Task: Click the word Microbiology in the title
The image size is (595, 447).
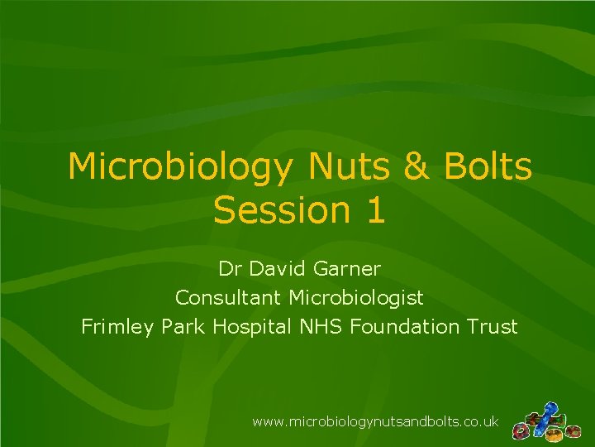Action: click(180, 166)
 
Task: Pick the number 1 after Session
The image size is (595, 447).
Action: click(374, 210)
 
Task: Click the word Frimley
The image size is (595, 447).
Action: click(115, 326)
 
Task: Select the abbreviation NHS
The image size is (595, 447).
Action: click(321, 326)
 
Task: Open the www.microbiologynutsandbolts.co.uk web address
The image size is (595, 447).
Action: click(375, 422)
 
